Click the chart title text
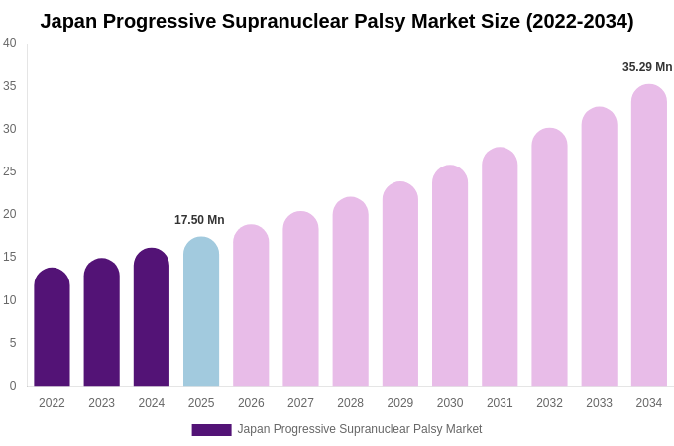point(337,21)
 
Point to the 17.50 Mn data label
point(199,220)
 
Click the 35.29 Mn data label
point(647,67)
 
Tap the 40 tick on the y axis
point(10,43)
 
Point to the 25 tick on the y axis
point(10,171)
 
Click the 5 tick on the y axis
point(13,343)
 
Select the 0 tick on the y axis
point(13,386)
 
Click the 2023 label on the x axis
point(101,403)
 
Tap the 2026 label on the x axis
point(251,403)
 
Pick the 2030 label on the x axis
point(450,403)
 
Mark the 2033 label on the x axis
point(599,403)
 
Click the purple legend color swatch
point(211,430)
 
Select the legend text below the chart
point(360,429)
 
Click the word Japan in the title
point(70,21)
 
